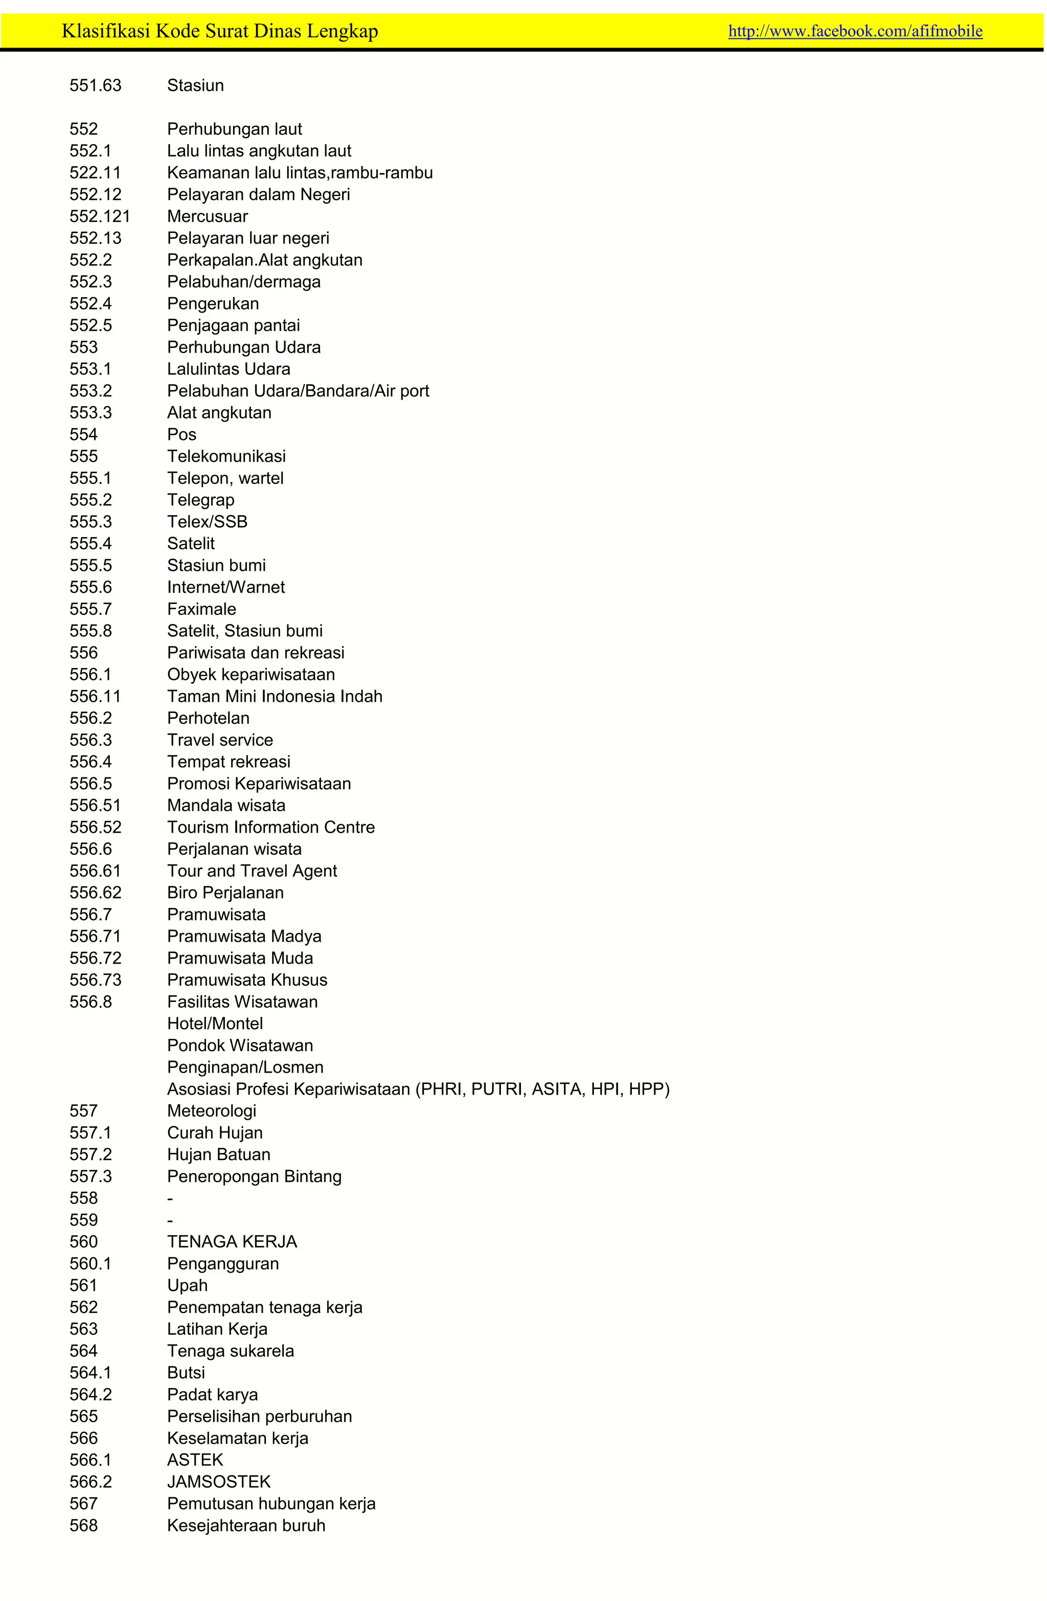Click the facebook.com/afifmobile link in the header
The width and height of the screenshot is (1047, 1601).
click(855, 31)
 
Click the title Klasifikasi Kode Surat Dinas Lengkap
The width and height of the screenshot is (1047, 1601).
click(219, 31)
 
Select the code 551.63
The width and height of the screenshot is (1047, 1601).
click(96, 85)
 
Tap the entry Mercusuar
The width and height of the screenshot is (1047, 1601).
click(207, 216)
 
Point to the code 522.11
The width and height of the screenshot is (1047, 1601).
click(96, 173)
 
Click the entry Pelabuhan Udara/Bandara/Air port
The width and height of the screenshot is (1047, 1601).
click(298, 391)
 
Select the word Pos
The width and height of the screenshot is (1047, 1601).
click(181, 435)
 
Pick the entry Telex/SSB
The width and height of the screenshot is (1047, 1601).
click(207, 522)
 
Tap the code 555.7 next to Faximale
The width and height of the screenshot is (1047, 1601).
click(91, 610)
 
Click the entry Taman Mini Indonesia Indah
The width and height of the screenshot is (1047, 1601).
click(275, 696)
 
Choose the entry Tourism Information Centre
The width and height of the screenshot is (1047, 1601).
click(271, 828)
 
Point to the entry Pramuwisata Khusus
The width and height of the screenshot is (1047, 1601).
click(247, 980)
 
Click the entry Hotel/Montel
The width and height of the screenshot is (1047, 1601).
click(215, 1024)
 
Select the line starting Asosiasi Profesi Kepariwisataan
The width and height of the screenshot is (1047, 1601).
click(418, 1089)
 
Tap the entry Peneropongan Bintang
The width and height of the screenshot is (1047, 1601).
click(254, 1176)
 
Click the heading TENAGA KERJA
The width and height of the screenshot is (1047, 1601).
click(232, 1242)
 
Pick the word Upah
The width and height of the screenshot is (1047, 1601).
click(188, 1285)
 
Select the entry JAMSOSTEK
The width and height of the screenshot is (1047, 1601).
click(218, 1482)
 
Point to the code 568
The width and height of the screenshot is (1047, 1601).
click(83, 1526)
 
